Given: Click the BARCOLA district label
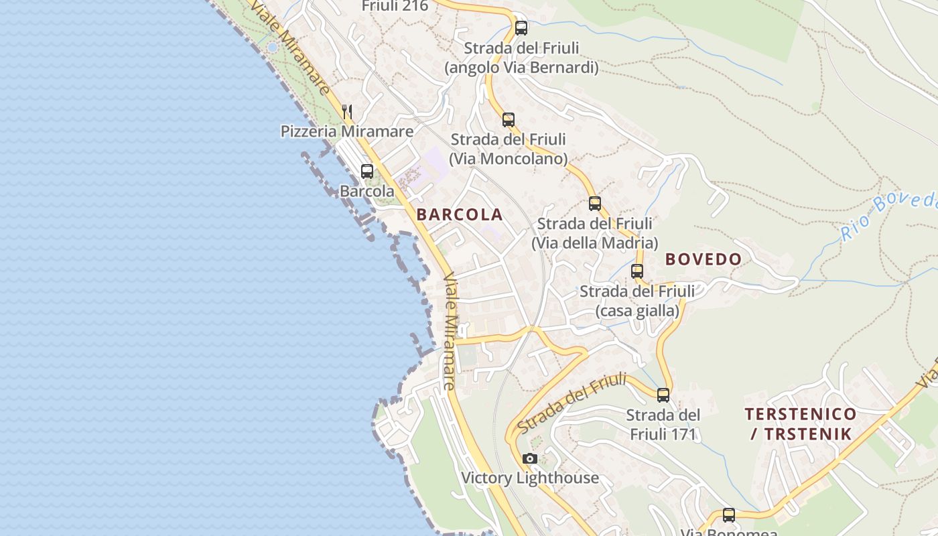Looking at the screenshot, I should [x=459, y=214].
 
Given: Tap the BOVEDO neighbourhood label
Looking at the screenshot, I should [x=703, y=259].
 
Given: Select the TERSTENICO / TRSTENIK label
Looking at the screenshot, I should [x=800, y=423].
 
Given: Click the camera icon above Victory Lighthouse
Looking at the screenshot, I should [x=530, y=459].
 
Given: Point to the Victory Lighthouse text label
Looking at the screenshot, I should [x=529, y=478].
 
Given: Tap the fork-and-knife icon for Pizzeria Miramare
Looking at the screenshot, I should [x=346, y=111].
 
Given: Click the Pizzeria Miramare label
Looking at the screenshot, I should [x=346, y=131].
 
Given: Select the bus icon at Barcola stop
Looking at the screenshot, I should [x=366, y=172].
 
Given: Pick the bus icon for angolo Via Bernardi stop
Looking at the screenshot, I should [x=521, y=28].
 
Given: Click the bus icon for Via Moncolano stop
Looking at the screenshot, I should [x=508, y=120].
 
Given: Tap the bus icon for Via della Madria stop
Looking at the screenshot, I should [x=594, y=204].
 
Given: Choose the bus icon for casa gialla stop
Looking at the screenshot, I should [x=636, y=271].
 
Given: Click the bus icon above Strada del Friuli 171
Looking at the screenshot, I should [x=663, y=395].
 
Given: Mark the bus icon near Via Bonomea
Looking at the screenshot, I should [x=728, y=515].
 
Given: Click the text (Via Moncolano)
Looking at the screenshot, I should [x=508, y=159].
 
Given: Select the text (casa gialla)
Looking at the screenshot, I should [x=636, y=311].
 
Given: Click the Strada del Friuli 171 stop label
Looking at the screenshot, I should [x=663, y=424].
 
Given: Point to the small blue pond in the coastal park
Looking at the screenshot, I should [x=271, y=47].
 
